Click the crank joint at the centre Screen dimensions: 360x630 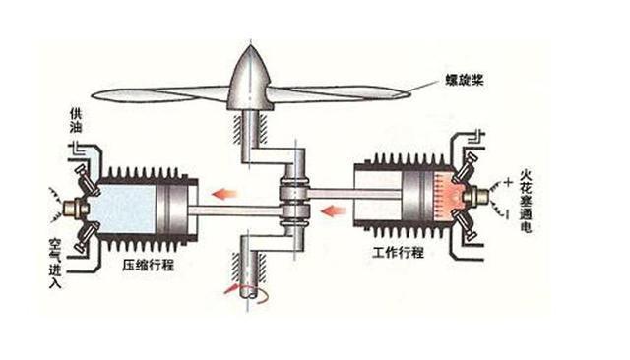(x=292, y=201)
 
